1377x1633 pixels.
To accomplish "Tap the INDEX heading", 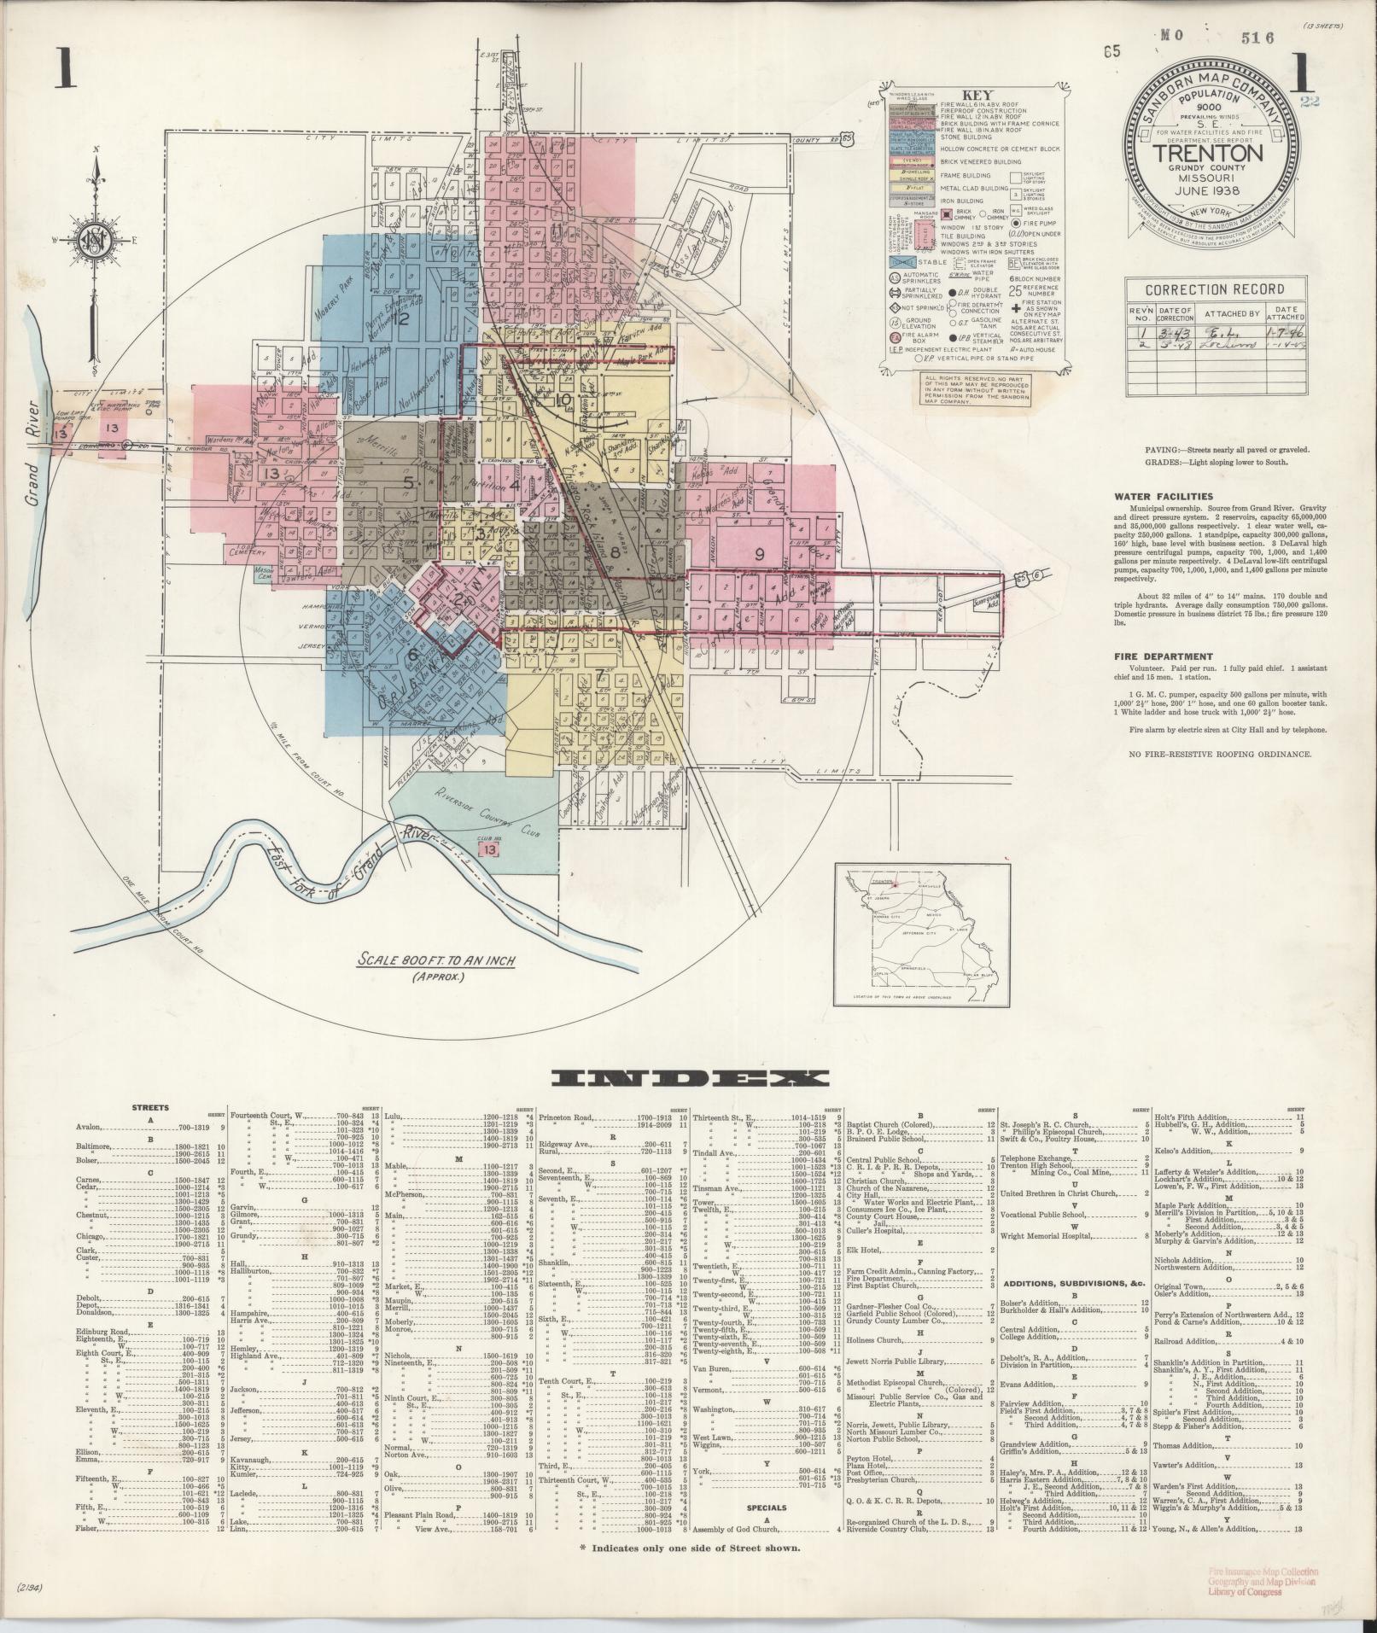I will (x=688, y=1079).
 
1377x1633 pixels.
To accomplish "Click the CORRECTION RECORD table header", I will (x=1204, y=289).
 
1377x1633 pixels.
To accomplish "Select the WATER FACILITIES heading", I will (x=1163, y=496).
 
